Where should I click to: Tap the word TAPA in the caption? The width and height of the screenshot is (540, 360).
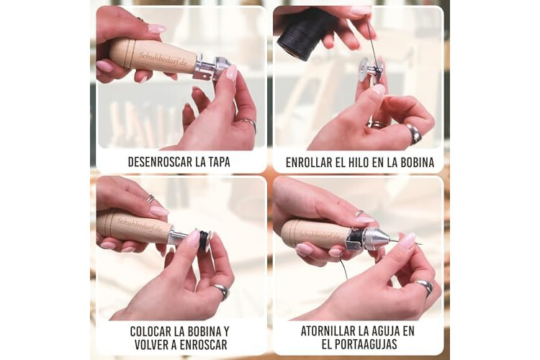219,162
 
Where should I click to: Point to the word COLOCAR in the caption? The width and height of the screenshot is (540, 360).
150,331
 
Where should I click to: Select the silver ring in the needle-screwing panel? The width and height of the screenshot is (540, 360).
425,287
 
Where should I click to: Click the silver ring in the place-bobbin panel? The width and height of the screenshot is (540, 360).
222,291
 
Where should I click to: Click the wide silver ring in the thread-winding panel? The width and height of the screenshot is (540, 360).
414,133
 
